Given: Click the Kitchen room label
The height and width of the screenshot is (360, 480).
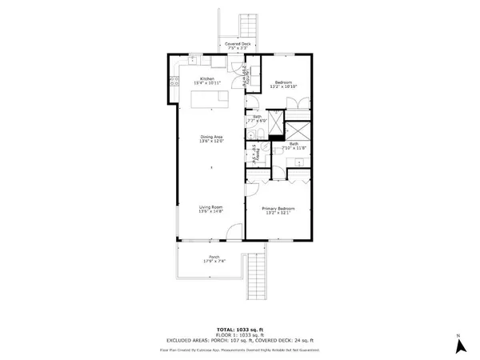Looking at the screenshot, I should coord(207,81).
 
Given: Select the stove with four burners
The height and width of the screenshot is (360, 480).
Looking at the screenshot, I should coord(174,80).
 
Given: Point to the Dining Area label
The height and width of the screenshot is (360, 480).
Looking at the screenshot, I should coord(211,139).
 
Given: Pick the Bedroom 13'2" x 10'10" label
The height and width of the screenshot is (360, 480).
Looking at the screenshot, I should coord(285,83).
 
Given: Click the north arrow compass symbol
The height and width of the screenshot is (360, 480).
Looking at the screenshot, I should coord(460,345).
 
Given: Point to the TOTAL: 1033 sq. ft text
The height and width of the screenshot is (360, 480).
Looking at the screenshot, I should coord(240,329).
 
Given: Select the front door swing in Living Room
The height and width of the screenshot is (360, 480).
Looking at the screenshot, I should coord(231,233).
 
